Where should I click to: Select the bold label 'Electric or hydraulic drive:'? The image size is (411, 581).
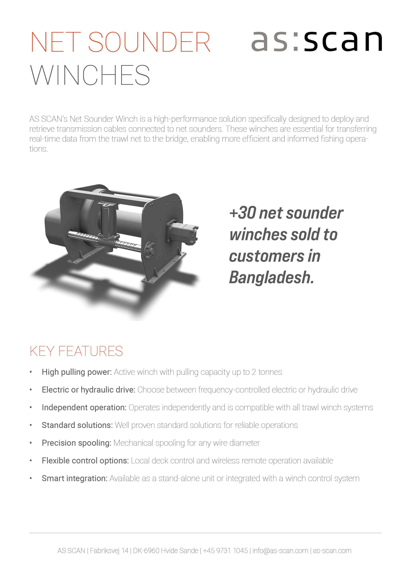click(x=88, y=390)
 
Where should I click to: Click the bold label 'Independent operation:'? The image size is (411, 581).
click(x=84, y=407)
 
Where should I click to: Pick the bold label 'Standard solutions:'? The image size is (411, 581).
click(x=77, y=425)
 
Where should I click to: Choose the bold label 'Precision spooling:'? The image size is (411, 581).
click(x=76, y=443)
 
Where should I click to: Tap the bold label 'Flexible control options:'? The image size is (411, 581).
click(x=85, y=461)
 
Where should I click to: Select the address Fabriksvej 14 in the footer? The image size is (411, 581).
click(x=109, y=551)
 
